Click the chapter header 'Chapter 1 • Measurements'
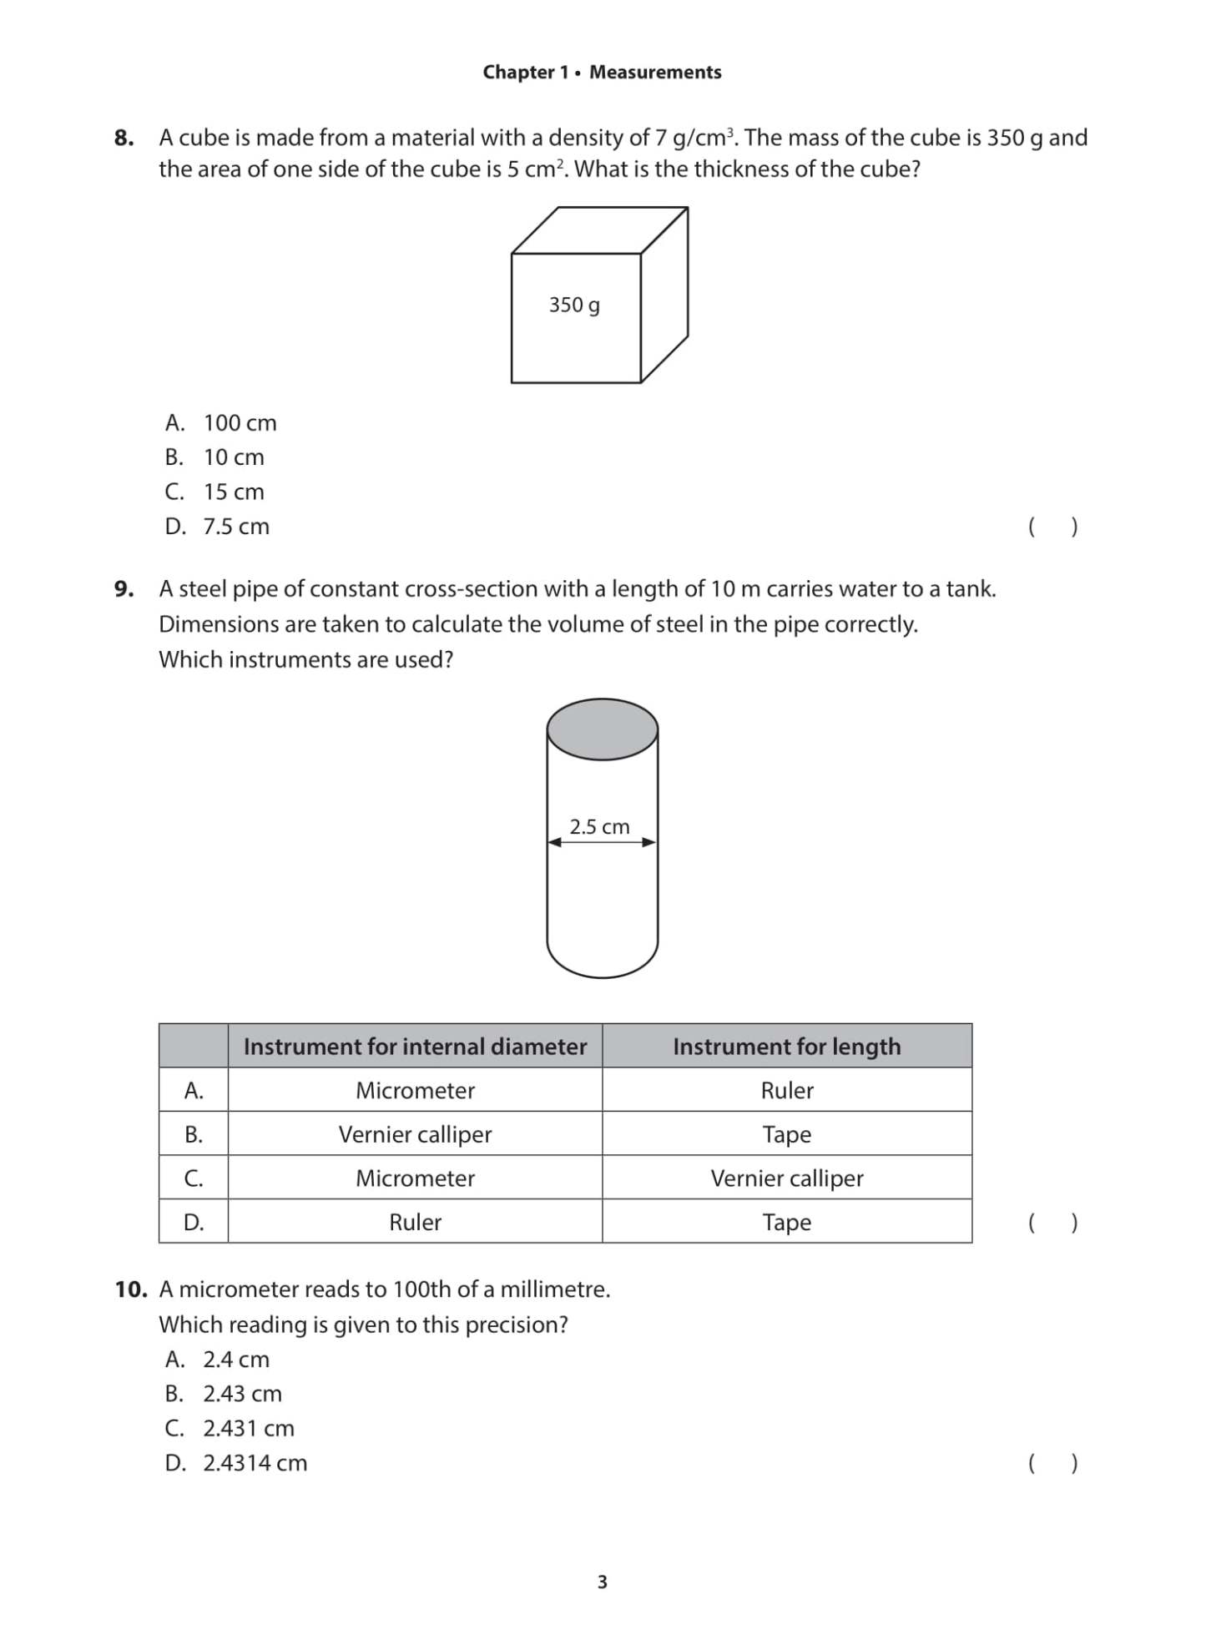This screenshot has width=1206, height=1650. [x=602, y=73]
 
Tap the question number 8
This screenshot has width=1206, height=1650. [x=124, y=138]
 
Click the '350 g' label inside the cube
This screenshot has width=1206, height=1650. [x=574, y=305]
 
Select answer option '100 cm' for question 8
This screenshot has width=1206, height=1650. [x=240, y=423]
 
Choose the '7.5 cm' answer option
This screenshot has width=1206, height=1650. [x=236, y=527]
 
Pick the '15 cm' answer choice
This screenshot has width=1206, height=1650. [x=234, y=492]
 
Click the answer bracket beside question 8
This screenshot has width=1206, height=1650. [x=1052, y=527]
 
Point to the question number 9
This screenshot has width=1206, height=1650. [x=124, y=589]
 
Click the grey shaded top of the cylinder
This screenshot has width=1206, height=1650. [x=602, y=729]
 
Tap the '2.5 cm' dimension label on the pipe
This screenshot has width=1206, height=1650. [x=599, y=827]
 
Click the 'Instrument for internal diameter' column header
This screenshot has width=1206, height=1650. [x=415, y=1047]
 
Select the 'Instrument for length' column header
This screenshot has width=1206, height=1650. [x=786, y=1047]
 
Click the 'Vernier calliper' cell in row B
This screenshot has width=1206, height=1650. [x=415, y=1134]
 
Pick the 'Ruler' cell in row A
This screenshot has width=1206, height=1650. [x=786, y=1091]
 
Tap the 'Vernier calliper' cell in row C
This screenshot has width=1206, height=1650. [x=786, y=1178]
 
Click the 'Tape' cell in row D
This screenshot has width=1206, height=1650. [x=786, y=1223]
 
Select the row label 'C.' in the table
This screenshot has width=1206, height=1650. [x=194, y=1178]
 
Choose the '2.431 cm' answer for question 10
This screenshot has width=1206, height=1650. [x=249, y=1429]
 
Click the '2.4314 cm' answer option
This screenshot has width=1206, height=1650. [x=255, y=1463]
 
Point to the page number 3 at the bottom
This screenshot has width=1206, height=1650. [x=603, y=1582]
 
